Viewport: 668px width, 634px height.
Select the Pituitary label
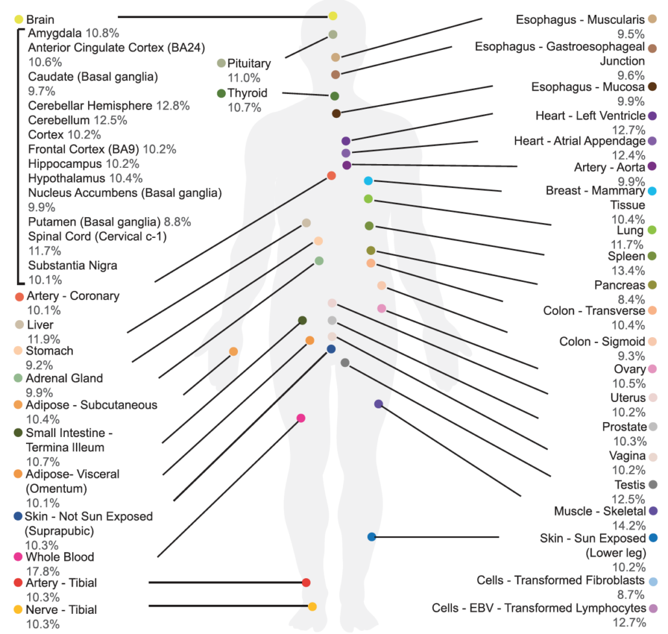(x=248, y=64)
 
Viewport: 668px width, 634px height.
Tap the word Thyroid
(x=247, y=93)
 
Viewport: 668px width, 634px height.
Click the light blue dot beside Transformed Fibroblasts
(x=652, y=581)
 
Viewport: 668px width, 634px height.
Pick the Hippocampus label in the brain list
(x=65, y=164)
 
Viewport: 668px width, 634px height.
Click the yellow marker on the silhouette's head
(x=333, y=16)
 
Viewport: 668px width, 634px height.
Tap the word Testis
(x=629, y=485)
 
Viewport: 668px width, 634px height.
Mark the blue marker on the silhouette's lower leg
(x=372, y=537)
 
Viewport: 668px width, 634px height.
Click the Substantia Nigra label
(x=73, y=265)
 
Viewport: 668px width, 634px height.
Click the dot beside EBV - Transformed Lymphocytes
(x=652, y=608)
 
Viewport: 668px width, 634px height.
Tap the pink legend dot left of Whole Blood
(x=19, y=557)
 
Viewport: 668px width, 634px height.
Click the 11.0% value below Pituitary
(x=239, y=78)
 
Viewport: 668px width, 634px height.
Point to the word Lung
(x=630, y=231)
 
